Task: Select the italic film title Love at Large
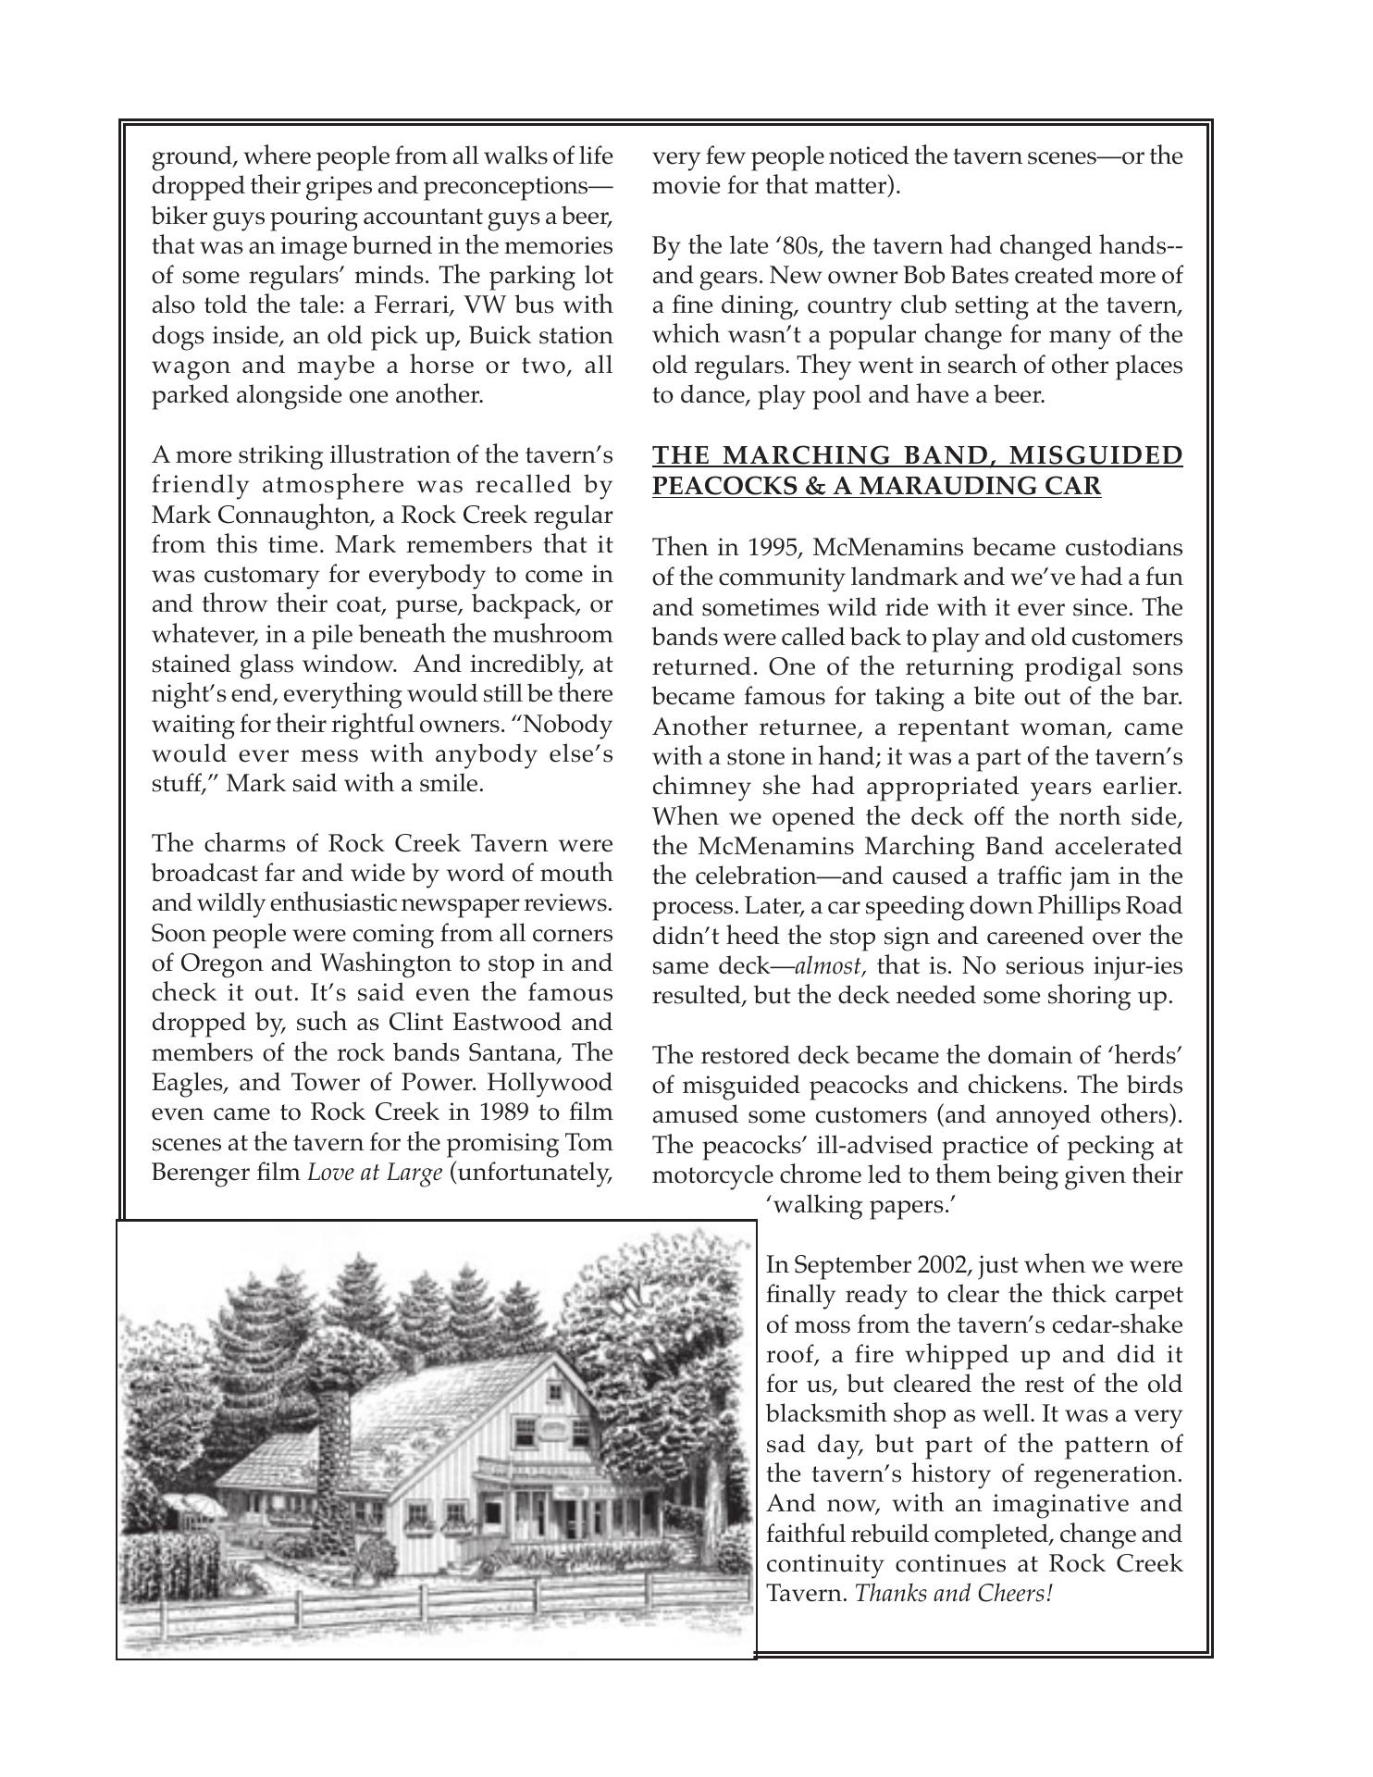(x=375, y=1173)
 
